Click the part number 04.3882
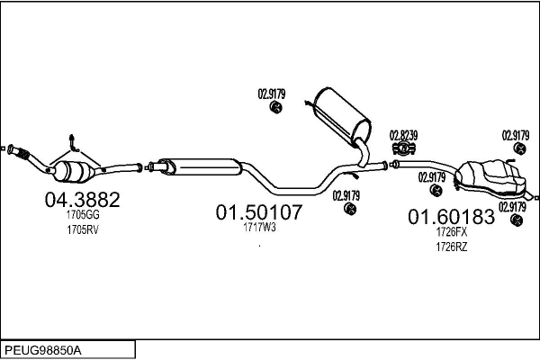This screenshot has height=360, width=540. [82, 200]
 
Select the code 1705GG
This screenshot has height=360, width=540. [82, 216]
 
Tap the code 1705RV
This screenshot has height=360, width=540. [82, 230]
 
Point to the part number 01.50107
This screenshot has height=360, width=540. [258, 212]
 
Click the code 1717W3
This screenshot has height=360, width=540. [258, 228]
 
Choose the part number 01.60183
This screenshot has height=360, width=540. [452, 217]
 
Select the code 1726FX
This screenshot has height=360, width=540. [452, 232]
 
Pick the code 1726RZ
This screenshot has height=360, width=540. [452, 247]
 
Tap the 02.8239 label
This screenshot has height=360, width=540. [403, 135]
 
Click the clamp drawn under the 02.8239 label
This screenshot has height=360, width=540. [403, 148]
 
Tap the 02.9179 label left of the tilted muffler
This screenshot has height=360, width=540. [271, 92]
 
